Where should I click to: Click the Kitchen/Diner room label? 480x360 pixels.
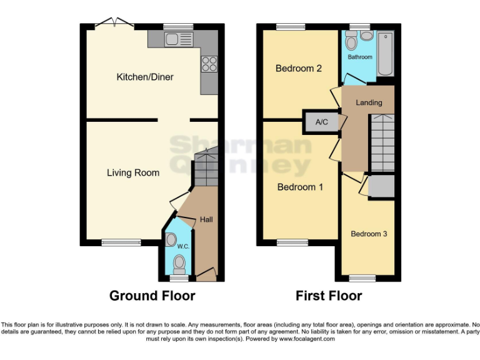tap(145, 77)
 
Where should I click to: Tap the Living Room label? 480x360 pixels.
tap(132, 172)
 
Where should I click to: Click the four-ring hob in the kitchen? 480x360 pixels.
tap(209, 63)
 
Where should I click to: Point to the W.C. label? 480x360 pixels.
tap(183, 246)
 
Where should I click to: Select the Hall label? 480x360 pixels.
tap(206, 219)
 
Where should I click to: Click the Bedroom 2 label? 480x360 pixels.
tap(299, 68)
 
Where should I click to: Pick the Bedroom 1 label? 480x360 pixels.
tap(300, 187)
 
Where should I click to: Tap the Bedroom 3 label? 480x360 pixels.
tap(369, 234)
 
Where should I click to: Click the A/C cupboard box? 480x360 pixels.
tap(322, 122)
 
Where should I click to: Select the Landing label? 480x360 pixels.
tap(369, 102)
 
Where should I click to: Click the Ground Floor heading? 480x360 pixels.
tap(152, 296)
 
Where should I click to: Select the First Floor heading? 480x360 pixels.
tap(329, 296)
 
